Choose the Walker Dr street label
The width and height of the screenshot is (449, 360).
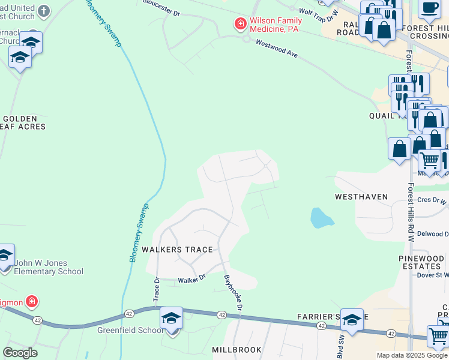click(x=191, y=279)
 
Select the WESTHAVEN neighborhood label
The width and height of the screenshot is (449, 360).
click(x=361, y=197)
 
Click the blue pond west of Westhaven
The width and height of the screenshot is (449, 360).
click(x=322, y=218)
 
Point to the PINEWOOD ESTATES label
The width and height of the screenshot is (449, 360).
click(x=420, y=262)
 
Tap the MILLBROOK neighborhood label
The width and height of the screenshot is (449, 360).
click(x=237, y=349)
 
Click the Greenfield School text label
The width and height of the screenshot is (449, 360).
click(x=130, y=330)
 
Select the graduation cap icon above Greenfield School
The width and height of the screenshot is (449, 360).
click(x=171, y=317)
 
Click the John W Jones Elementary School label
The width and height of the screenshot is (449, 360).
click(x=49, y=267)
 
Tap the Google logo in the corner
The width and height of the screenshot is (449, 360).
click(x=20, y=353)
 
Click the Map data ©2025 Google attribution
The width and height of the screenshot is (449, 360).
click(x=412, y=355)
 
